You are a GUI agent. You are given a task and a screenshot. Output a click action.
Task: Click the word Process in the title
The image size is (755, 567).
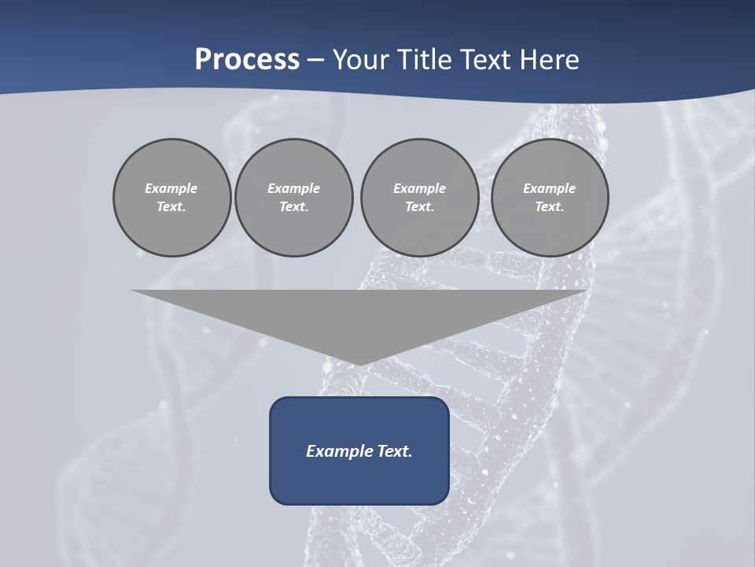(247, 60)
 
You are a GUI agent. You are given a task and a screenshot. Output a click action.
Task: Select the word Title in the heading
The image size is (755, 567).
(425, 60)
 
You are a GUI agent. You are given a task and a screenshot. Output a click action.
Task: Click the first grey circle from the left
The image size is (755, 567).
(172, 197)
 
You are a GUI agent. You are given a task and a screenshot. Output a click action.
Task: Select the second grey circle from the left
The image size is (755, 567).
(294, 197)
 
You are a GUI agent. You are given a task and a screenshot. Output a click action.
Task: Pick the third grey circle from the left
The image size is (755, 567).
(420, 197)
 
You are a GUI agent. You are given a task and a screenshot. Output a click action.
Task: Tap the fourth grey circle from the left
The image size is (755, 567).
(550, 197)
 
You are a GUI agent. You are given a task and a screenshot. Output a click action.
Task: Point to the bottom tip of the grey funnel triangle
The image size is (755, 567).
(359, 364)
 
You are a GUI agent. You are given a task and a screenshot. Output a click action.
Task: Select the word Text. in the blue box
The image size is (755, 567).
(396, 451)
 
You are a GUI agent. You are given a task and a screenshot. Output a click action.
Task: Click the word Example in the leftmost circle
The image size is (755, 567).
(171, 188)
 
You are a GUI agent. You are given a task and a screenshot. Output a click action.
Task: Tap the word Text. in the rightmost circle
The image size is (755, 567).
(550, 206)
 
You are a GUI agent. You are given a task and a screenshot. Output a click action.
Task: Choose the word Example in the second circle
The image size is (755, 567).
(294, 188)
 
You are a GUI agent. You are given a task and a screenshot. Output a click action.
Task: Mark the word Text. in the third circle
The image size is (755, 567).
(420, 206)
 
